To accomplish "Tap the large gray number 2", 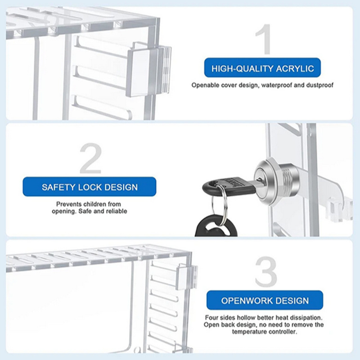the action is point(91,158).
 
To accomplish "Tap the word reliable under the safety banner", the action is point(115,211).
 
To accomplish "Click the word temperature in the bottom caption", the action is point(249,332).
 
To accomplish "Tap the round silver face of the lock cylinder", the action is point(265,180).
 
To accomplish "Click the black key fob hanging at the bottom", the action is point(216,226).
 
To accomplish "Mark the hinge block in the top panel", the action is point(149,69).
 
